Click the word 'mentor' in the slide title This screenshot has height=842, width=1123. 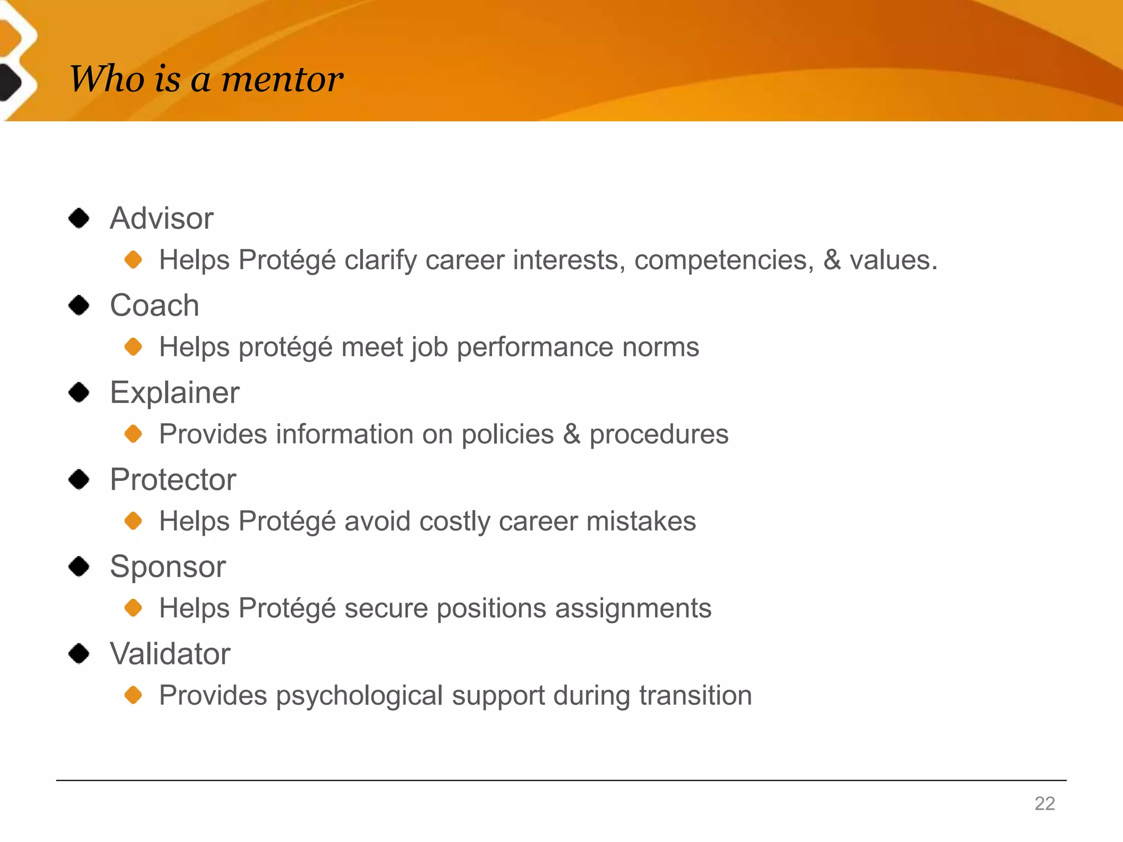[282, 79]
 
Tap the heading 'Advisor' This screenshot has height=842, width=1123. [161, 218]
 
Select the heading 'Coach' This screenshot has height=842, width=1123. [154, 305]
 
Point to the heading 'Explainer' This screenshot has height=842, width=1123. [174, 392]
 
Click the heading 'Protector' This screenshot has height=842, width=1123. [173, 480]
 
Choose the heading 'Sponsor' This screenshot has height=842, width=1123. [167, 566]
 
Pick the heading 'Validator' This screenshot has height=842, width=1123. [170, 653]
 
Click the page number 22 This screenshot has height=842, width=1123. [1045, 804]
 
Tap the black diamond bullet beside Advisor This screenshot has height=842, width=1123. [79, 218]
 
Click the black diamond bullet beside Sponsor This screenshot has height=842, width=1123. [79, 566]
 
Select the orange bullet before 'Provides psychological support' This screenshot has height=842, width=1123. [133, 695]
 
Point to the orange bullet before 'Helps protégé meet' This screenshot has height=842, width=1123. [133, 346]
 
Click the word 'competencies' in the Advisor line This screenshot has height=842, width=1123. [724, 260]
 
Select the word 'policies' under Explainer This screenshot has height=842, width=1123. [507, 434]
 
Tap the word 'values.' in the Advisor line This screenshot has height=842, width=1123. [893, 260]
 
